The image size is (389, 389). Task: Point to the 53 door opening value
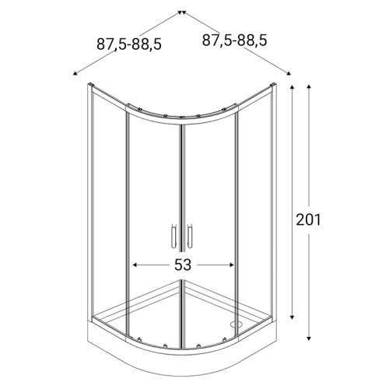[183, 265]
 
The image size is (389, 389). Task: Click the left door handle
[173, 235]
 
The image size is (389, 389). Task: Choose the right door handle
[187, 235]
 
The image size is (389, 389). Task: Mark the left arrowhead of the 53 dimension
[135, 265]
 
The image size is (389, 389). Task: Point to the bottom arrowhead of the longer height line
[310, 340]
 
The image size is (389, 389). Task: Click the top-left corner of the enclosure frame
[87, 83]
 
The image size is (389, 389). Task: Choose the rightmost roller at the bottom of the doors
[228, 339]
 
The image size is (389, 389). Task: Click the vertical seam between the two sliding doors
[180, 233]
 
